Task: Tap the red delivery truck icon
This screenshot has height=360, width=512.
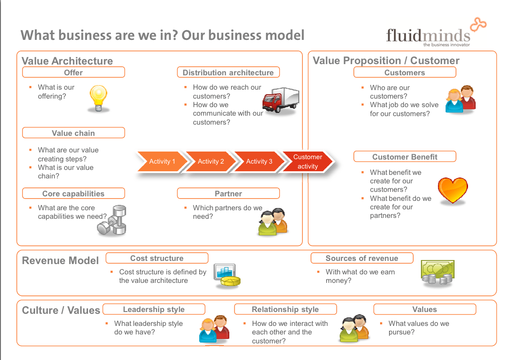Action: [281, 100]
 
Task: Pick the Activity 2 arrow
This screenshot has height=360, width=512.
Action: [210, 161]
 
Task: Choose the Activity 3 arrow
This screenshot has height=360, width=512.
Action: [259, 161]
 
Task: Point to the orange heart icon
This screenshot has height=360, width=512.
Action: [453, 191]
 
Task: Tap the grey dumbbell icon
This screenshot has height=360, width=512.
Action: [112, 220]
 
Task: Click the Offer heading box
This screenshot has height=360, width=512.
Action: [74, 72]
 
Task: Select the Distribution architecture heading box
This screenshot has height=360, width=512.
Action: [228, 72]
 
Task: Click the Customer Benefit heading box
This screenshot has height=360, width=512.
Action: [405, 156]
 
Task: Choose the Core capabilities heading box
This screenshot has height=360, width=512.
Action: [74, 193]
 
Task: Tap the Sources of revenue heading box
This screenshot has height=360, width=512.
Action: [362, 258]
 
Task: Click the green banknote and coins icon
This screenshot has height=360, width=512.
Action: [437, 273]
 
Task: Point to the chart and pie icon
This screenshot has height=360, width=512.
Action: [227, 276]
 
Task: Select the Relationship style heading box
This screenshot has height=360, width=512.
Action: [285, 309]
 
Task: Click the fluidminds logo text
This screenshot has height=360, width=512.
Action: [428, 35]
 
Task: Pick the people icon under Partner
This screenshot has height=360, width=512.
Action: [273, 222]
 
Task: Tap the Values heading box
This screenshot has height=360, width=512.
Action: [424, 309]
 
